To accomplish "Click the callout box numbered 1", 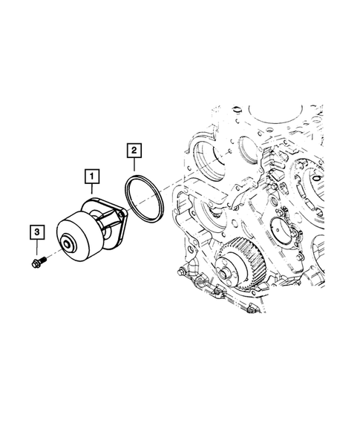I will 91,177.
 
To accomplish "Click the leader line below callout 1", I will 91,189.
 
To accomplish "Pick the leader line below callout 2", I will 133,168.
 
